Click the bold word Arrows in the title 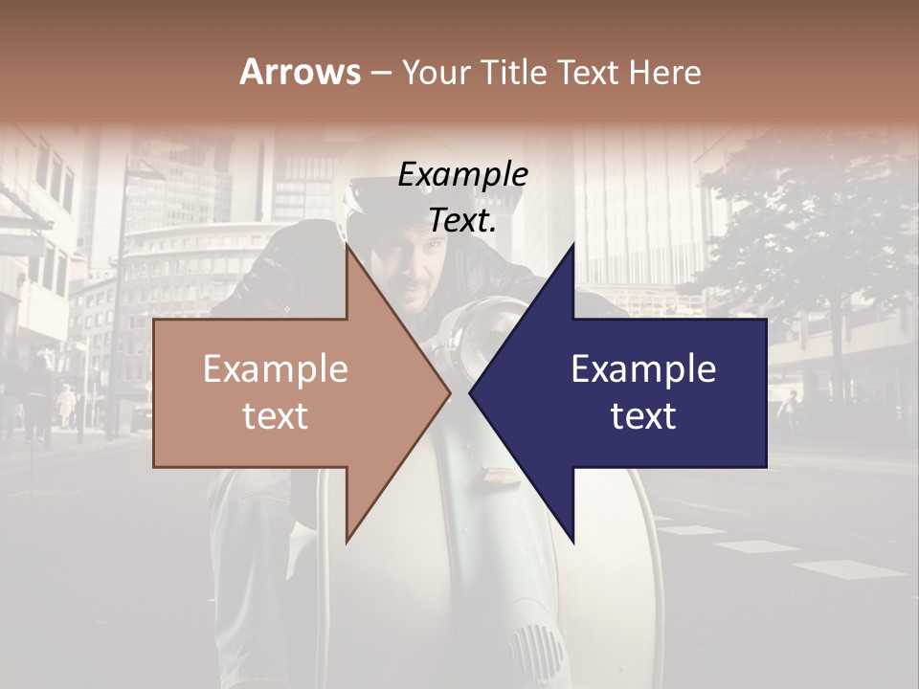(x=301, y=72)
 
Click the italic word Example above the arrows (x=462, y=174)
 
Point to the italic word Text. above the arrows (x=462, y=220)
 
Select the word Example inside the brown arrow (x=275, y=369)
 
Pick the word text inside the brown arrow (x=275, y=416)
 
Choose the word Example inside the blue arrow (x=643, y=369)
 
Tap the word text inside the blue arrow (x=643, y=416)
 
